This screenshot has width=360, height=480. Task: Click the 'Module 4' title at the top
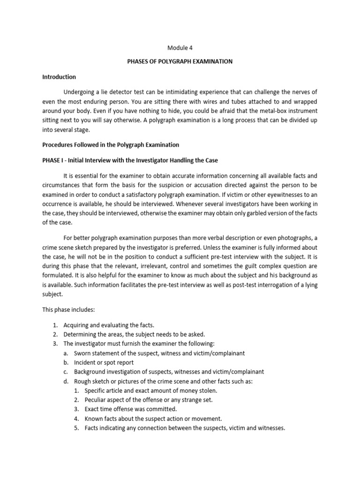pyautogui.click(x=180, y=47)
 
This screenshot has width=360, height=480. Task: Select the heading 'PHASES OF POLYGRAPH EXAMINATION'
pyautogui.click(x=180, y=62)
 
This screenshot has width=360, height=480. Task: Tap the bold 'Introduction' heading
pyautogui.click(x=59, y=77)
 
